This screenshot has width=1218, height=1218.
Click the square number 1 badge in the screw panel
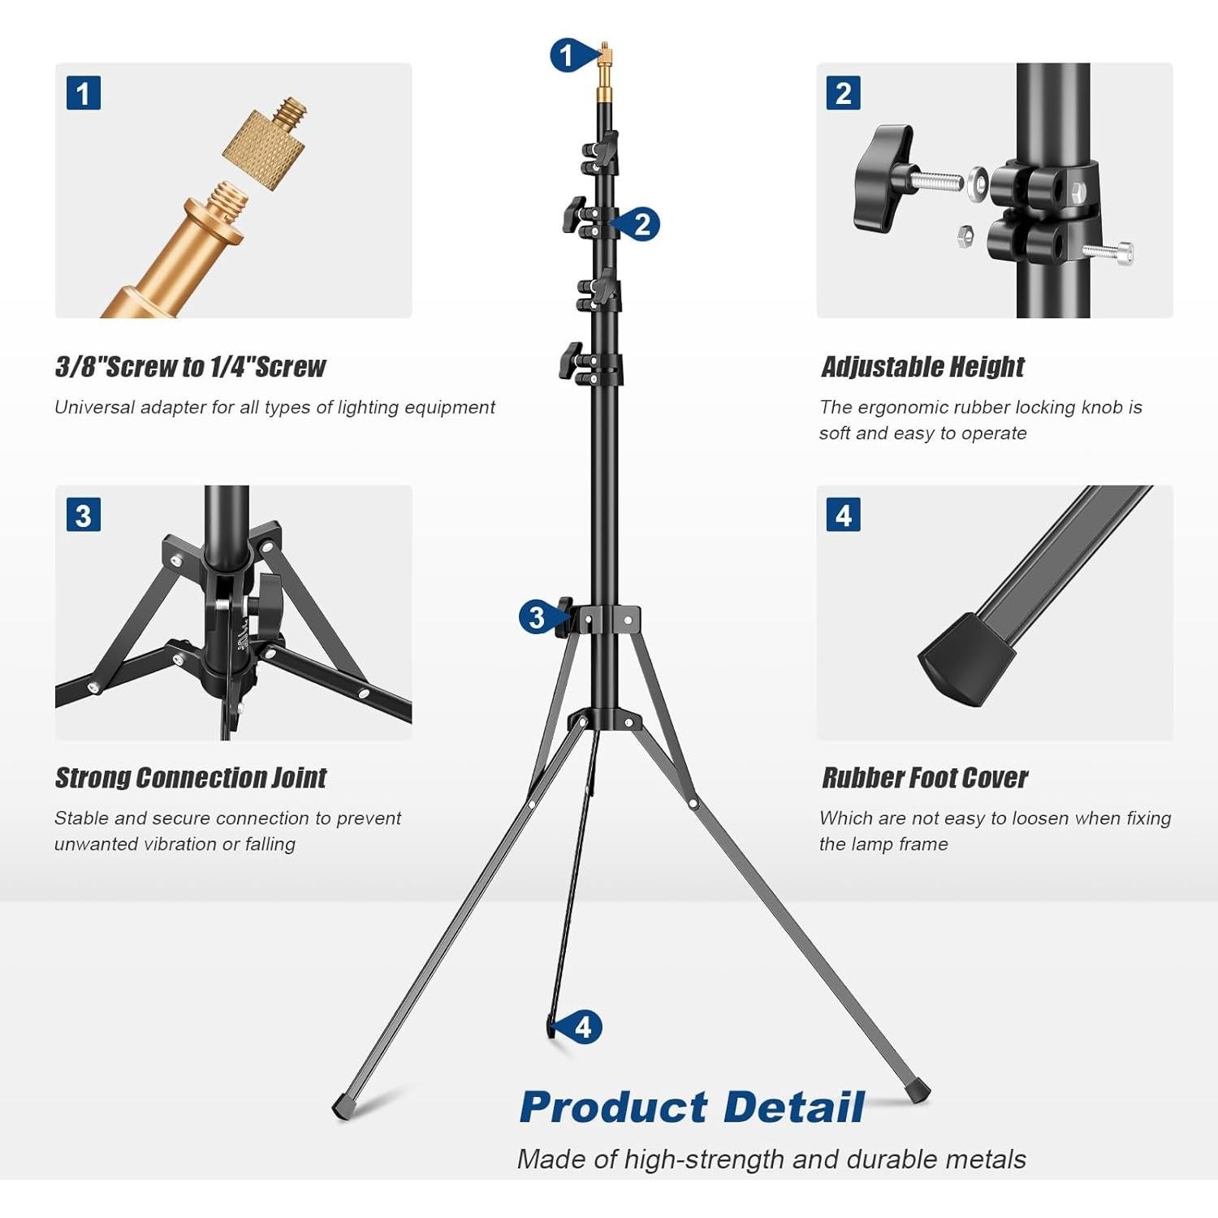[83, 93]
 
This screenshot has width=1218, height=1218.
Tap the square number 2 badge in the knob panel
[843, 93]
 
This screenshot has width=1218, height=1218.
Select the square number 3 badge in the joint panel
[83, 515]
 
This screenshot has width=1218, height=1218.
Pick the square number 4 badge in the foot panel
[843, 515]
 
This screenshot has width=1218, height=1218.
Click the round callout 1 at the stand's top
[566, 55]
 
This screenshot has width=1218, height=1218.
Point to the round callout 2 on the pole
[641, 224]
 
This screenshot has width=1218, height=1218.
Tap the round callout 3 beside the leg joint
[536, 617]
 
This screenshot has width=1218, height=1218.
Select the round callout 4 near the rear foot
[583, 1027]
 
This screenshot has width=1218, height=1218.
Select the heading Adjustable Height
[922, 367]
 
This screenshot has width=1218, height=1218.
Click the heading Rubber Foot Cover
[924, 778]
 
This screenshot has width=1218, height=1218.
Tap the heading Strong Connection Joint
[190, 778]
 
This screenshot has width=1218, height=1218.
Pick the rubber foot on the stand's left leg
[343, 1105]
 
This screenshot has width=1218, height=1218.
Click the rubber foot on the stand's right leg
[919, 1091]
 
